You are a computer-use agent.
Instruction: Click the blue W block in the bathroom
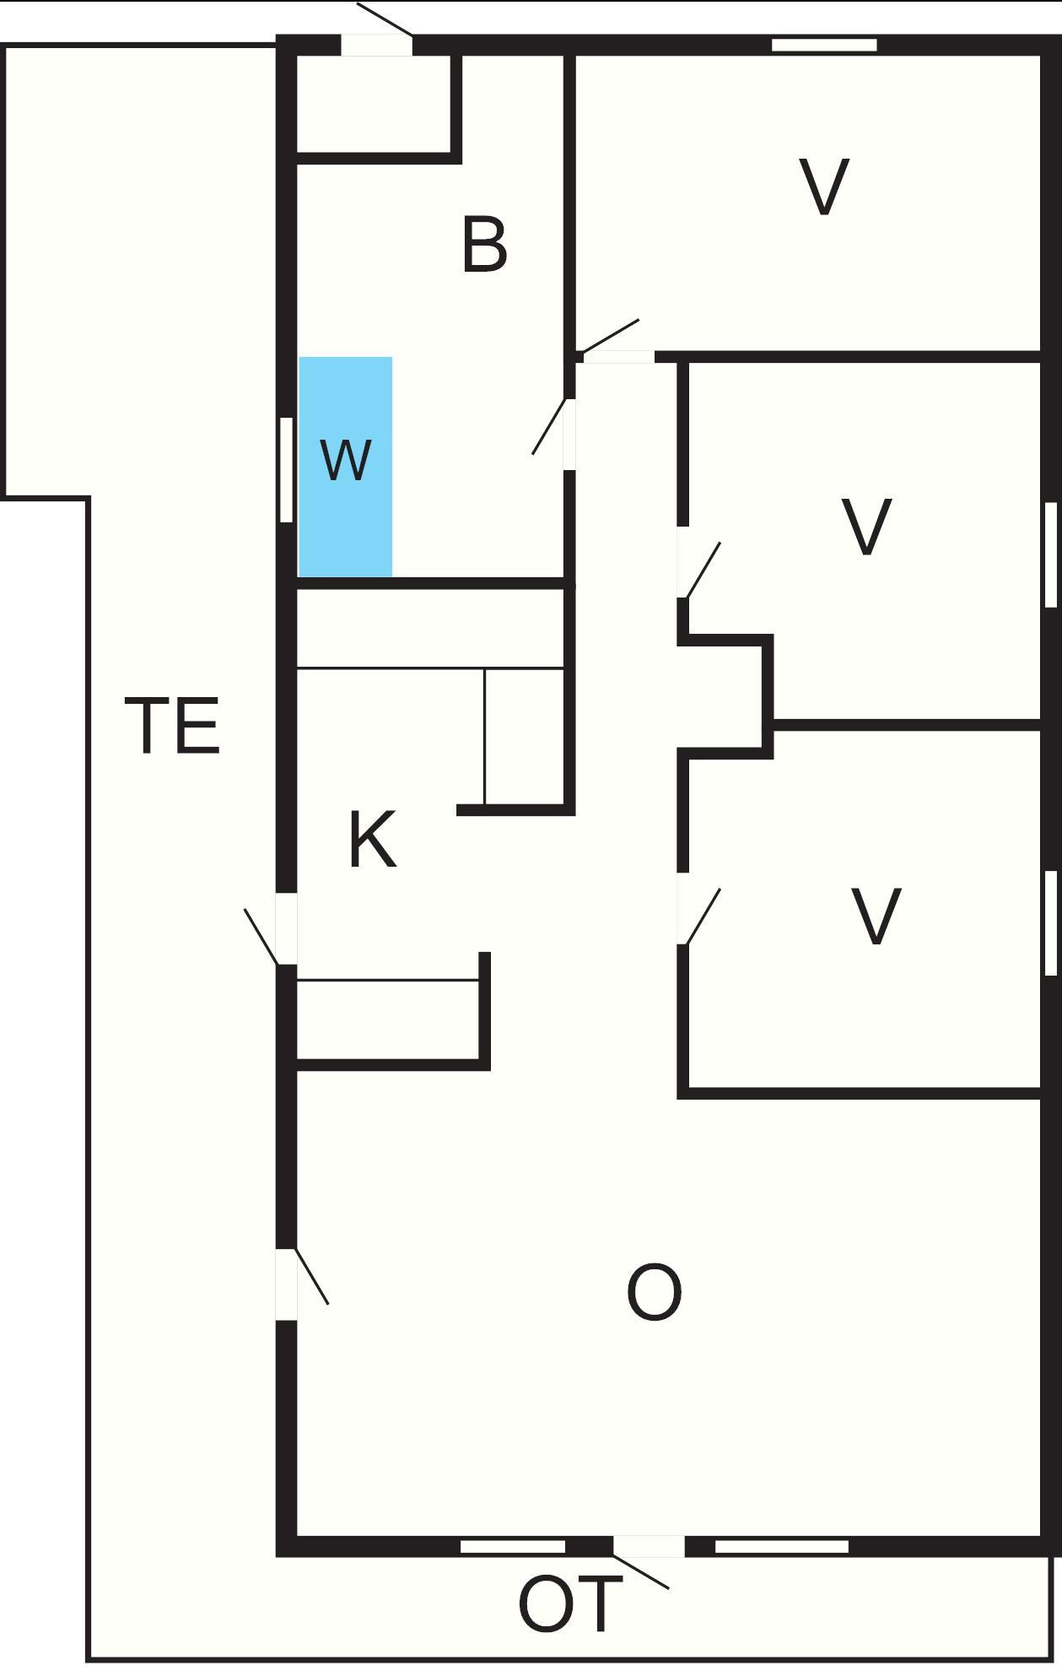[x=346, y=467]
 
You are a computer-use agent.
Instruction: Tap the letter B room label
[x=485, y=246]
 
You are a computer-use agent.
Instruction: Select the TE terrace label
[x=173, y=725]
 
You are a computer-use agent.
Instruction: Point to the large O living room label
[x=654, y=1293]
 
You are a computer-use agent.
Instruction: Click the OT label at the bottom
[x=570, y=1605]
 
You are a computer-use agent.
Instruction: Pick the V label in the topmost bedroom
[x=823, y=187]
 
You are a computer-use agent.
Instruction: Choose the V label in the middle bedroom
[x=866, y=527]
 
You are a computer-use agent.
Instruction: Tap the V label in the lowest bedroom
[x=876, y=917]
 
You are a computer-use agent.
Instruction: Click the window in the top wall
[x=824, y=45]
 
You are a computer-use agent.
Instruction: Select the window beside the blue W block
[x=286, y=470]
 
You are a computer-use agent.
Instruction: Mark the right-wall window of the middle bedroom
[x=1051, y=554]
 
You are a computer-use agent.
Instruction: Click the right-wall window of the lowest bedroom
[x=1051, y=922]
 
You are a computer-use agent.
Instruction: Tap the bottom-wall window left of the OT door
[x=513, y=1546]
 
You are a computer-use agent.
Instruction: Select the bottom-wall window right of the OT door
[x=782, y=1546]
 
